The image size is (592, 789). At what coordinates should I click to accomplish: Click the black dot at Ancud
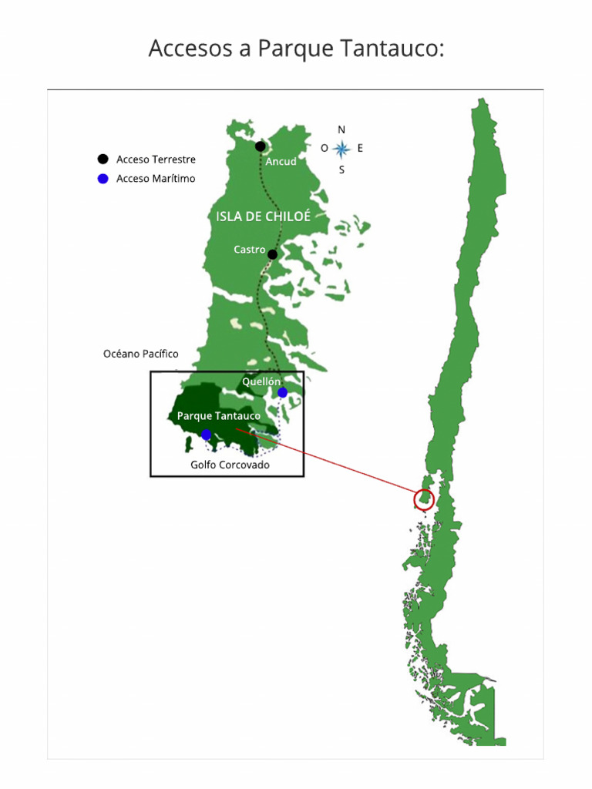261,146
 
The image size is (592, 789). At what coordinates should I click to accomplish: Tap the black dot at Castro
272,253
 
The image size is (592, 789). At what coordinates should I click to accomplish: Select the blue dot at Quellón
283,392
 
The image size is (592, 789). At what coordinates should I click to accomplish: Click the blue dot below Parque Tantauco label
206,435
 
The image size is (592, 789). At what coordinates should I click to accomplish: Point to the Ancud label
281,162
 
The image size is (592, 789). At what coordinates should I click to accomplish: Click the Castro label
249,250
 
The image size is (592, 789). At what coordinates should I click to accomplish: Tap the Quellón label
261,381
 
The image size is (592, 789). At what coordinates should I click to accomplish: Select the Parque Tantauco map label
218,416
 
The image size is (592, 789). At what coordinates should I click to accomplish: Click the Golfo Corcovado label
230,465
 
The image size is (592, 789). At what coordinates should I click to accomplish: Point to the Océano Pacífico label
140,354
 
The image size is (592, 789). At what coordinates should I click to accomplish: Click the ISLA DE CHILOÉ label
263,217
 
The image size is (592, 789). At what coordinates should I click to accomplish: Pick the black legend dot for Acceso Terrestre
103,159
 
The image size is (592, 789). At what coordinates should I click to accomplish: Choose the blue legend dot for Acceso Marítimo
103,179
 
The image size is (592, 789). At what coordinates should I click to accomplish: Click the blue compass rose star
341,149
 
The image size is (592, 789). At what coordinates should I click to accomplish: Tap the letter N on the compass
341,129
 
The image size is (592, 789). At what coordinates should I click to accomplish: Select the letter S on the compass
341,170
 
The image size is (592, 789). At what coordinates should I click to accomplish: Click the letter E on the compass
360,148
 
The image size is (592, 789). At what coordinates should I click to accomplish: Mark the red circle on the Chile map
424,500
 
